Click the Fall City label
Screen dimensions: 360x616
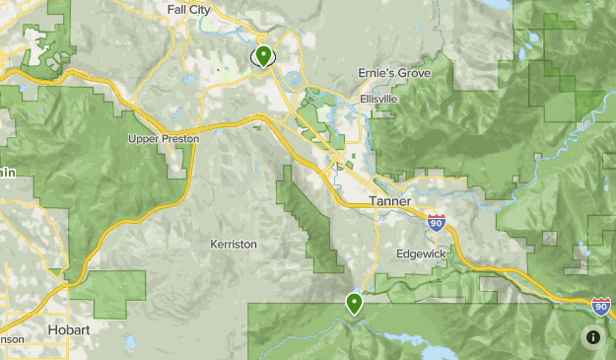[x=190, y=10]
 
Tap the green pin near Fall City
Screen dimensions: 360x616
[x=263, y=55]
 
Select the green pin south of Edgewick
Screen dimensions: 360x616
[x=354, y=303]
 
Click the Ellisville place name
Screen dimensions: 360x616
[x=378, y=99]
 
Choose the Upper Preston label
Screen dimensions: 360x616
[x=164, y=139]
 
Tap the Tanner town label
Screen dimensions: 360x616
[x=390, y=201]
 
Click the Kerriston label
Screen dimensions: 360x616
[x=234, y=243]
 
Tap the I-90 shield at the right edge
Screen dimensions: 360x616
[x=601, y=306]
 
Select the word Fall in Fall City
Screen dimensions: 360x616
[x=176, y=10]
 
